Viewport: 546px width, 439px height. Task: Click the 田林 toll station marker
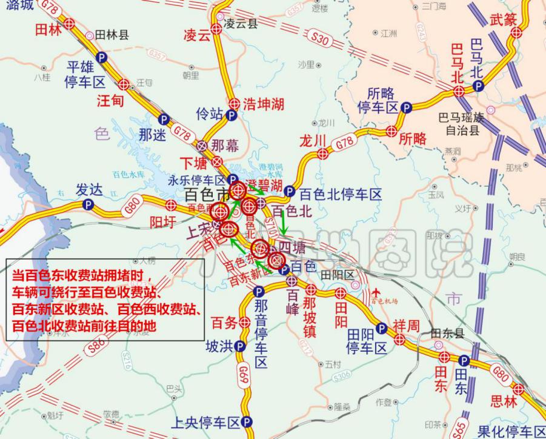tap(70, 24)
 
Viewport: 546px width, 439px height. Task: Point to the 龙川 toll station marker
tap(323, 153)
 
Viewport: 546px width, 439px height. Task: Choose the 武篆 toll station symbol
tap(516, 32)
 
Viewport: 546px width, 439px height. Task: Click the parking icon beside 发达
tap(88, 205)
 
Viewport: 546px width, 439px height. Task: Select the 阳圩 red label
tap(162, 222)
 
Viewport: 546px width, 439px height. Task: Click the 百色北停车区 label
tap(341, 194)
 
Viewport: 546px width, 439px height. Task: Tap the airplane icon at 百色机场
tap(378, 292)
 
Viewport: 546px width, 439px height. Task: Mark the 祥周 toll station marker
tap(399, 339)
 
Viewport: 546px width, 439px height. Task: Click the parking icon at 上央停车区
tap(247, 422)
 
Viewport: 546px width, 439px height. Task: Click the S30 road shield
tap(322, 41)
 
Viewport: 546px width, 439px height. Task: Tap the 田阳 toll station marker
tap(340, 294)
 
